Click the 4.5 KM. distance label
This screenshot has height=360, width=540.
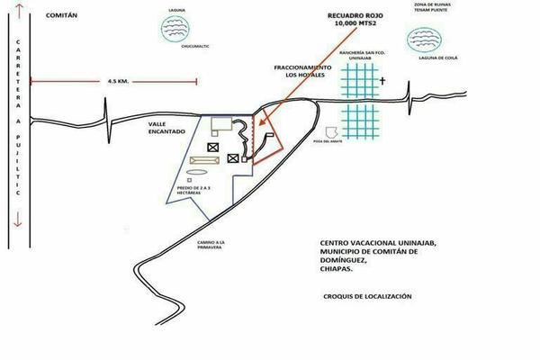click(x=119, y=81)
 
